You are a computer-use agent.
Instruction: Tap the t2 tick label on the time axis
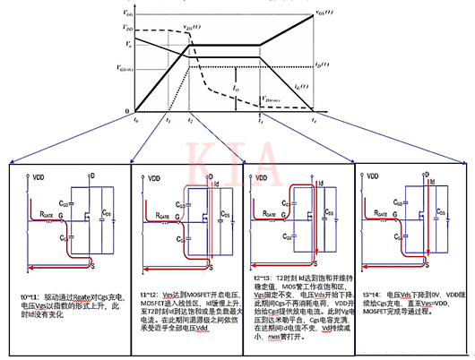coord(190,119)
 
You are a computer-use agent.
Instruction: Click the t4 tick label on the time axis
coord(314,119)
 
